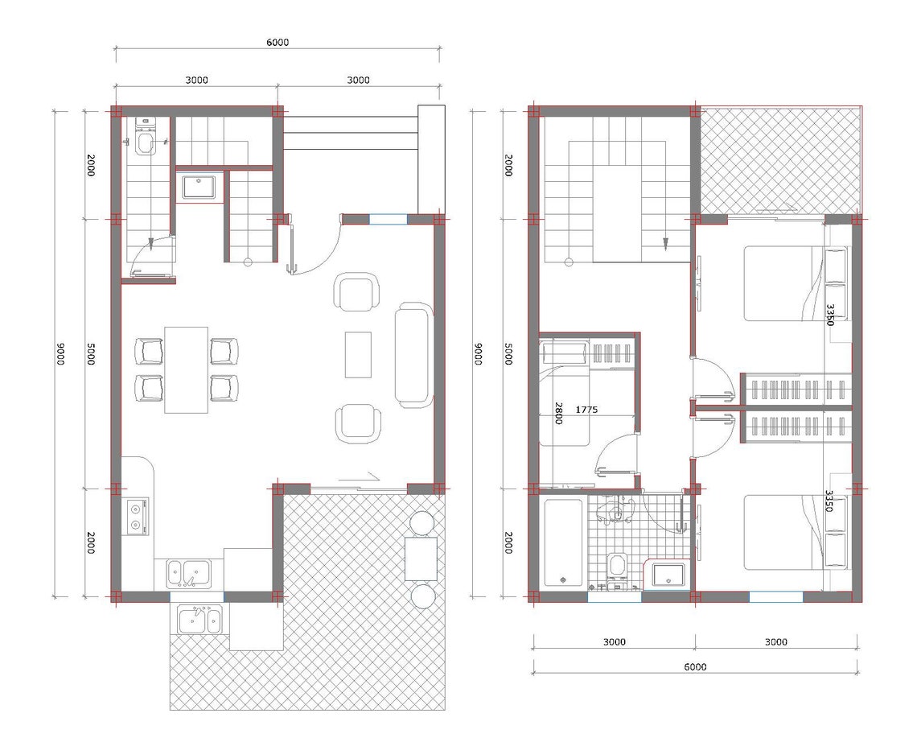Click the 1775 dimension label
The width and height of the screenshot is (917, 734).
click(x=586, y=410)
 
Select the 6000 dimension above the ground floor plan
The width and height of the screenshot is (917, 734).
click(x=278, y=43)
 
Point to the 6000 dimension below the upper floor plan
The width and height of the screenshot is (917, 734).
click(x=695, y=666)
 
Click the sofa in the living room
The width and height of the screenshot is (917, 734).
click(x=413, y=355)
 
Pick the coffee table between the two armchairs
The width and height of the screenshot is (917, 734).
click(x=358, y=354)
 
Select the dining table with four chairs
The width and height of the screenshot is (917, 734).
click(x=186, y=369)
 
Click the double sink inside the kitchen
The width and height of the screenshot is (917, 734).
click(x=188, y=573)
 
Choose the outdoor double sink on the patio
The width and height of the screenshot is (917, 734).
click(x=199, y=620)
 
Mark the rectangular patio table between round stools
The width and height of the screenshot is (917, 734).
click(x=421, y=559)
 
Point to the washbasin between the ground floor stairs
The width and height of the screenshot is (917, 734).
click(x=197, y=187)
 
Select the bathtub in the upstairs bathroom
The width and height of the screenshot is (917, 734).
click(x=562, y=543)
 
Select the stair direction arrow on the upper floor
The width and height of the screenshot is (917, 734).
click(x=665, y=243)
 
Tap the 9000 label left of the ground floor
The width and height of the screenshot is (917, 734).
click(x=60, y=354)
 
